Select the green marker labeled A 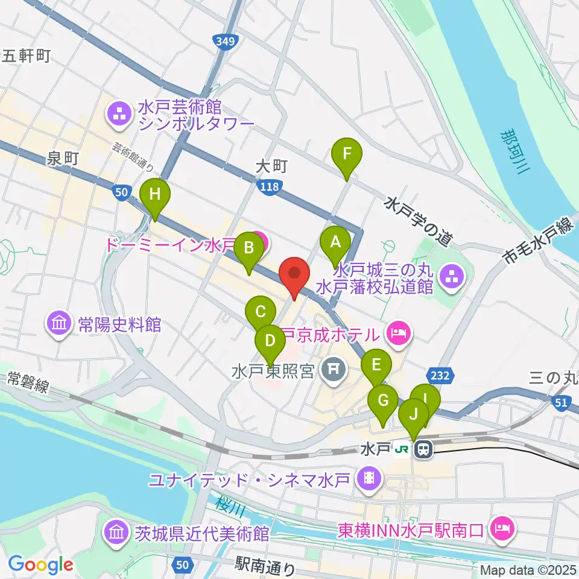click(336, 242)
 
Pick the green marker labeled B click(248, 247)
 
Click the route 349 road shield click(223, 41)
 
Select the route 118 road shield click(269, 188)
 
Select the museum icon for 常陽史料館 click(60, 324)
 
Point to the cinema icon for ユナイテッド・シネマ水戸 click(369, 480)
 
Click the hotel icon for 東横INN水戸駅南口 click(502, 530)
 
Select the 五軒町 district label click(26, 56)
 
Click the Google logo click(41, 564)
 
